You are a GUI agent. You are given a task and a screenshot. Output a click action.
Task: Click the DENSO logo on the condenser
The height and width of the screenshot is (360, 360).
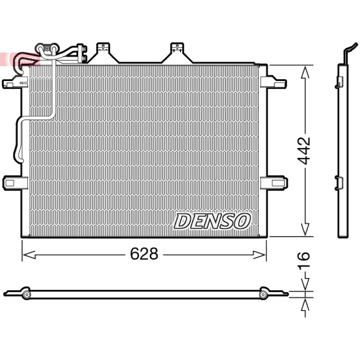[212, 221]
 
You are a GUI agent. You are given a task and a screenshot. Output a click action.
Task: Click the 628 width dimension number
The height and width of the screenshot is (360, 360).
[144, 254]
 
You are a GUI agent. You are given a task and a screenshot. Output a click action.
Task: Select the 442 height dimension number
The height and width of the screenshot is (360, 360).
[304, 151]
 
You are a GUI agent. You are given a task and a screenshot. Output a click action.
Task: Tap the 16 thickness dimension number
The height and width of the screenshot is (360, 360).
[303, 260]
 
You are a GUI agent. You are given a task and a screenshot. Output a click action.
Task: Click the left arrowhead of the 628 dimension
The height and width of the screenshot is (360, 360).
[29, 255]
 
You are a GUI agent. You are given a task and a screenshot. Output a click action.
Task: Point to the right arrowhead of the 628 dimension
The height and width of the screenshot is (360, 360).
[259, 255]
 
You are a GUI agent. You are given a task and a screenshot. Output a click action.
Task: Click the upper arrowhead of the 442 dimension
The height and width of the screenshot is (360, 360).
[305, 72]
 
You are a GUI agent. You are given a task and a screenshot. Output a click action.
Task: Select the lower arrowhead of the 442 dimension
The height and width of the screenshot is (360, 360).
[305, 229]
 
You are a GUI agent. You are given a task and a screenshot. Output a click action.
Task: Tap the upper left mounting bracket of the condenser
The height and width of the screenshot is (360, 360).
[15, 82]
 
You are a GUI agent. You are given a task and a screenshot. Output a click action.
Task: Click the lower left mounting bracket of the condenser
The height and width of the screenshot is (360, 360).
[15, 183]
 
